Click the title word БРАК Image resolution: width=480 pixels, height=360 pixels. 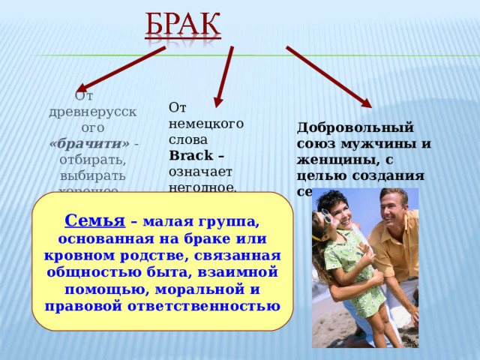tap(182, 25)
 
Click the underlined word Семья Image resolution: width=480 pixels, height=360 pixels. tap(94, 220)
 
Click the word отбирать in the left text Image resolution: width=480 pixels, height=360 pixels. tap(88, 160)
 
